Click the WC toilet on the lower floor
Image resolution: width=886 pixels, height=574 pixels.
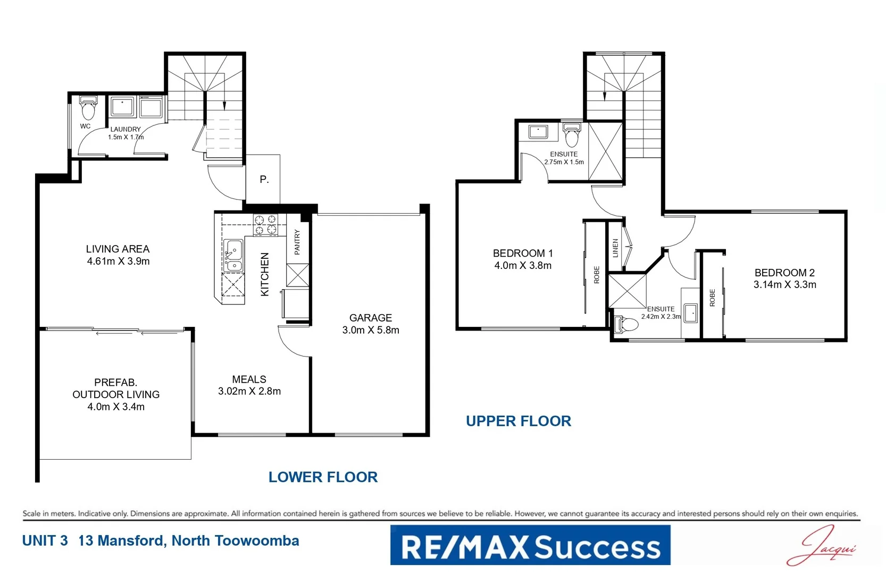[88, 109]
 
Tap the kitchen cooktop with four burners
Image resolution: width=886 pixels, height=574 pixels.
[265, 224]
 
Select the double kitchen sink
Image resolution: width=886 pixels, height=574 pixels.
[233, 256]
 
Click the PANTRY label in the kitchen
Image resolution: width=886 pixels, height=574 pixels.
[297, 242]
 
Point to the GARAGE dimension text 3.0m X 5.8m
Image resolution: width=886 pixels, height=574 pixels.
[371, 330]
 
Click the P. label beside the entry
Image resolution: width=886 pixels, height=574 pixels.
[264, 180]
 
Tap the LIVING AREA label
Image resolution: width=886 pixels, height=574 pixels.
[118, 249]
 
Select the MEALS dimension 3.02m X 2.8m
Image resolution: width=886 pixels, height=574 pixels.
[249, 391]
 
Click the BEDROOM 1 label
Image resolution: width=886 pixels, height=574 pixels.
[522, 254]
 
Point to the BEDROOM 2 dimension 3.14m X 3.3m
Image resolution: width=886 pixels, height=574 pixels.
[784, 285]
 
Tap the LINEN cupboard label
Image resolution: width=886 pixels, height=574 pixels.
[615, 248]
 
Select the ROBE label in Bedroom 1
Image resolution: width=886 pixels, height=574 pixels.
[597, 275]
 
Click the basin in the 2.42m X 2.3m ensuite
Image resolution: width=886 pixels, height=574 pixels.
[690, 314]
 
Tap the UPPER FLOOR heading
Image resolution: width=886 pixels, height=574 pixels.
[518, 421]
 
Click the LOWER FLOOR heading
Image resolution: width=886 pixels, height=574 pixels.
[323, 477]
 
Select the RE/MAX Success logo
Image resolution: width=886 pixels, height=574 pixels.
[530, 546]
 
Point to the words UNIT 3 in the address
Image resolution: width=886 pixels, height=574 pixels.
[45, 541]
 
